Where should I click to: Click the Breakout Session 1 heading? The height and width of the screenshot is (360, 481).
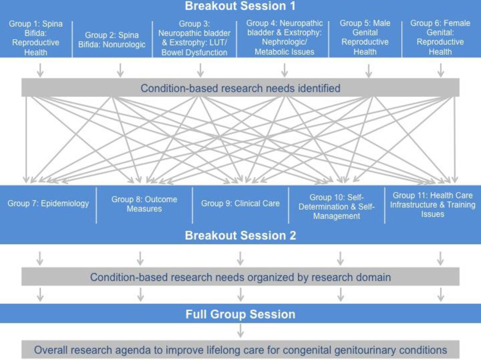click(240, 6)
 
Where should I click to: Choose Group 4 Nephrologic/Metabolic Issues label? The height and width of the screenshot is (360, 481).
click(284, 37)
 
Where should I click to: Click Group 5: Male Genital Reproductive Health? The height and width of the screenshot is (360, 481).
click(366, 38)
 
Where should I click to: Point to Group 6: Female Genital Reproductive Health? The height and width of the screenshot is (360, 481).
click(440, 38)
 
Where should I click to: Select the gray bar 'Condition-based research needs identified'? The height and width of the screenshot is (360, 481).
click(240, 87)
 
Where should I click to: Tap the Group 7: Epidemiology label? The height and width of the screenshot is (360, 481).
click(48, 203)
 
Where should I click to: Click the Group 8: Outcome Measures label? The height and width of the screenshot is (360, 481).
click(144, 204)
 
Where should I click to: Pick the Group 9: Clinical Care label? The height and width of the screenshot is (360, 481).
click(240, 203)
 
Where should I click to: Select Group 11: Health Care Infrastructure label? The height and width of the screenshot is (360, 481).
click(432, 205)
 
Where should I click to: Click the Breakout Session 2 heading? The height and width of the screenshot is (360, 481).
click(240, 236)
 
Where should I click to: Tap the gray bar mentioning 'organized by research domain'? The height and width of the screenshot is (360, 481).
click(240, 277)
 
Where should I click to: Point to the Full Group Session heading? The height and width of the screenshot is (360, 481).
click(240, 315)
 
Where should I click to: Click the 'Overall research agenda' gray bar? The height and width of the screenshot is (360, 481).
click(240, 350)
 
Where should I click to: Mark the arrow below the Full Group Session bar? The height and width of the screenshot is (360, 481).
click(240, 331)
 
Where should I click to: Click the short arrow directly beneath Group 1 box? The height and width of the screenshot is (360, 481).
click(40, 70)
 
